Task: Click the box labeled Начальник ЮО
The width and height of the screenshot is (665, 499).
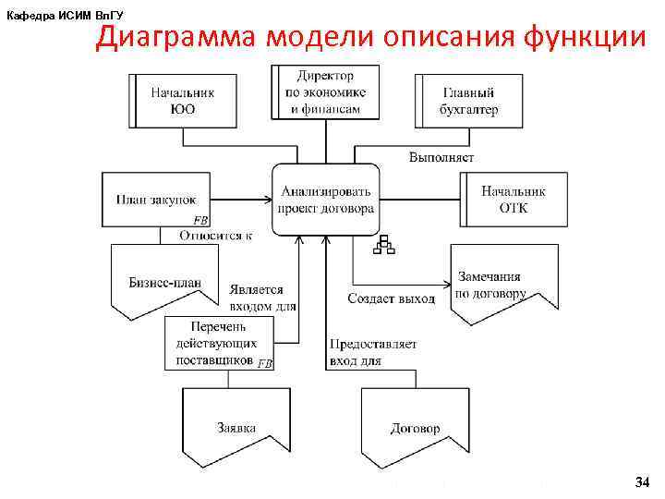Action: pos(183,101)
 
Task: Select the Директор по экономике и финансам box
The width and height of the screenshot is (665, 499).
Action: pos(326,92)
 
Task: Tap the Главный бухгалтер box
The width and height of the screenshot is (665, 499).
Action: pos(468,101)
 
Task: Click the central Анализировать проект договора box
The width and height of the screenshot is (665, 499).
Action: pos(326,200)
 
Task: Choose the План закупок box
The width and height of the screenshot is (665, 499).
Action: pos(157,200)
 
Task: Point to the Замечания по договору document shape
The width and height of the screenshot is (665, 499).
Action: pos(503,283)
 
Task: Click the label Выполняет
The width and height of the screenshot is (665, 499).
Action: pos(441,158)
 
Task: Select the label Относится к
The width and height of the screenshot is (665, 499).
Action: pos(215,236)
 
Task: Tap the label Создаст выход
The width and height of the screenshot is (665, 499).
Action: pos(391,298)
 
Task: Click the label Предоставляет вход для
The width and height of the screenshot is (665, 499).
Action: pos(372,352)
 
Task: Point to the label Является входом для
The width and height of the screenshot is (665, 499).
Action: pos(263,297)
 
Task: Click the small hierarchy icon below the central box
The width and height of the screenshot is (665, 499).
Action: pos(383,244)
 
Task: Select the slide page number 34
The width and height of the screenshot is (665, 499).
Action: pos(642,482)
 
